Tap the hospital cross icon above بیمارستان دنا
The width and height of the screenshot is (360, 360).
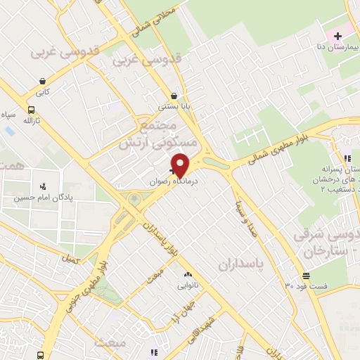tap(338, 36)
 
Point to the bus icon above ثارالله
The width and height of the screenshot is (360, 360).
tap(31, 110)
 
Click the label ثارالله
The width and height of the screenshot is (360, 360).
tap(30, 121)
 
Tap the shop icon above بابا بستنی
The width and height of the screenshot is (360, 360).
tap(174, 96)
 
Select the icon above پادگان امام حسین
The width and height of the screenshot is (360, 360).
tap(44, 187)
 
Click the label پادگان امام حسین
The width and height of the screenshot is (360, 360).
tap(42, 198)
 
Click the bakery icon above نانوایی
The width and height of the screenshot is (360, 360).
tap(187, 276)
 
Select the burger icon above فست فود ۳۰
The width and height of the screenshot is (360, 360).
tap(306, 276)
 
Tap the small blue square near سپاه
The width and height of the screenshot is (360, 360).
tap(9, 131)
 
